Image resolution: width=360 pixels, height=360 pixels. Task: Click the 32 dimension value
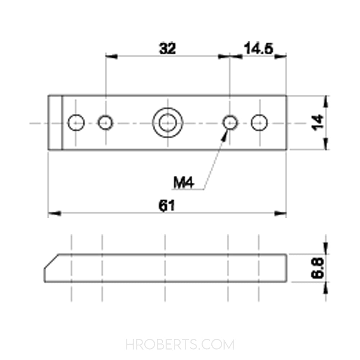(167, 49)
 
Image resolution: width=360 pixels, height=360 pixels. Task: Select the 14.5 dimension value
(259, 49)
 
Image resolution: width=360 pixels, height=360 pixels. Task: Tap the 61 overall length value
(167, 206)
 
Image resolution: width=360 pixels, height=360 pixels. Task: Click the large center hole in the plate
(167, 123)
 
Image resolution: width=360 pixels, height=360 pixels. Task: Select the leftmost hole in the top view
(76, 123)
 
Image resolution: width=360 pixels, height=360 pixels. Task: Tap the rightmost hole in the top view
(259, 123)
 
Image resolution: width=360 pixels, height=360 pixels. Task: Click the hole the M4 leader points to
(230, 123)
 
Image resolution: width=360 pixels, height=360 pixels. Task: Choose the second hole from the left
(105, 123)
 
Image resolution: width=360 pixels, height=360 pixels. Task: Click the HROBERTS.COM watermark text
(180, 345)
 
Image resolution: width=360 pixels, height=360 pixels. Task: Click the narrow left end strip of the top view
(55, 123)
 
